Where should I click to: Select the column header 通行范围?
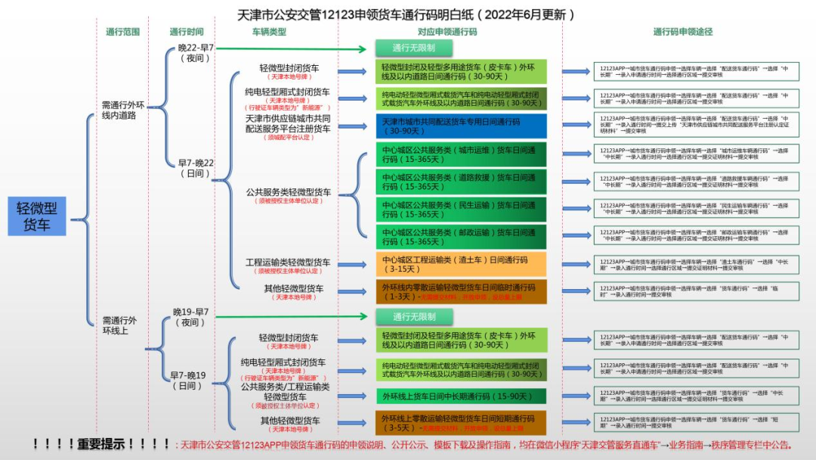pyautogui.click(x=123, y=33)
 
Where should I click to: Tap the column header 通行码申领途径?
pyautogui.click(x=682, y=33)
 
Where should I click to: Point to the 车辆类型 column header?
pyautogui.click(x=269, y=33)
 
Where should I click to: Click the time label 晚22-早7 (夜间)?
pyautogui.click(x=196, y=52)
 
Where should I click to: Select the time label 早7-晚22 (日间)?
pyautogui.click(x=196, y=168)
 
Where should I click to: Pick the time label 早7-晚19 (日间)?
pyautogui.click(x=187, y=380)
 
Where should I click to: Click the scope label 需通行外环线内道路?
pyautogui.click(x=123, y=110)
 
